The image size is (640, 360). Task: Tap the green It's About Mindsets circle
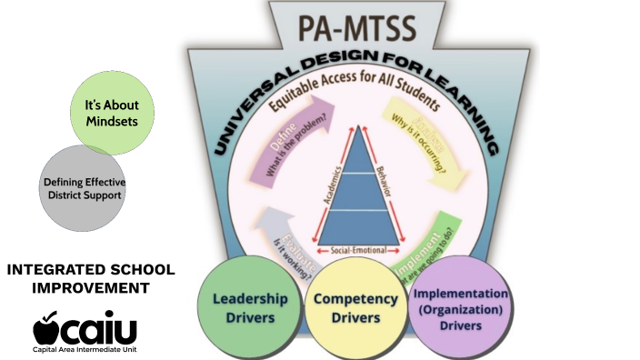coord(113,112)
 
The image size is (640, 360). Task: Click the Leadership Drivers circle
coord(249,305)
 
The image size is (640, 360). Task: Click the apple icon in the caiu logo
coord(48,326)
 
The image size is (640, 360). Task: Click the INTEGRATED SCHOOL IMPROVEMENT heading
coord(90,279)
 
